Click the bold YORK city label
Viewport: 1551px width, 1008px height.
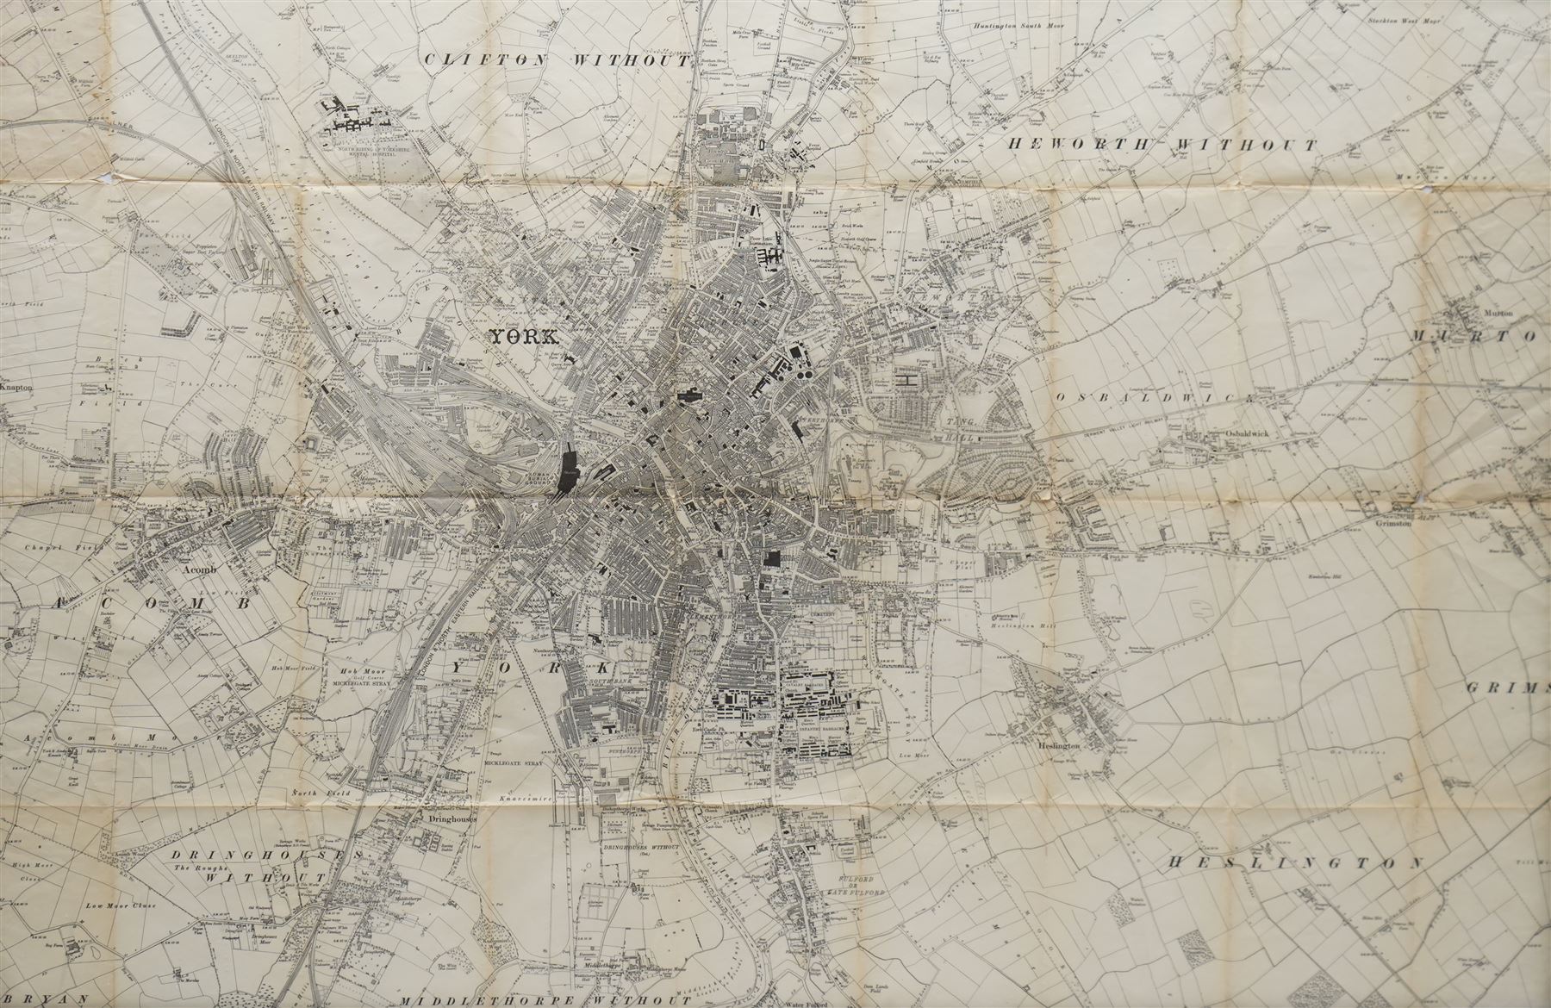(523, 336)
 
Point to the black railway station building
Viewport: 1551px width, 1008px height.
(568, 474)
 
